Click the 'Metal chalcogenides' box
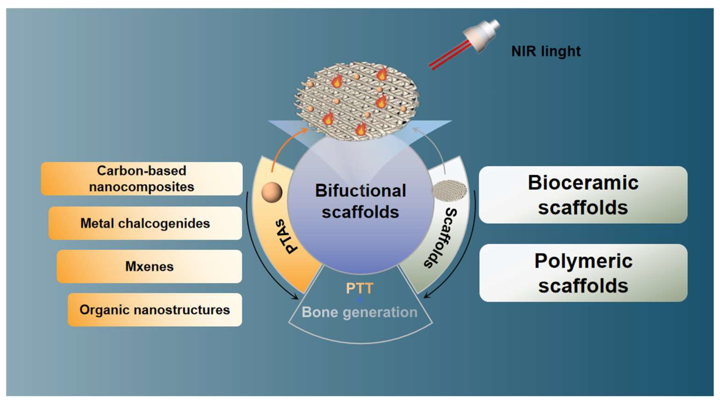point(145,223)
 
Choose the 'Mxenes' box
point(149,266)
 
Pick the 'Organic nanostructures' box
point(155,309)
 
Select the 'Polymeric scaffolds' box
point(583,273)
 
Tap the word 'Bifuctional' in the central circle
point(360,191)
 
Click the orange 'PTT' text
point(359,288)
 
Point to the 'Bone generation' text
point(359,312)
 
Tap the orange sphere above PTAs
point(272,192)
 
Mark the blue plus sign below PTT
point(359,300)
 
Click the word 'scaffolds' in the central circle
point(360,212)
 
